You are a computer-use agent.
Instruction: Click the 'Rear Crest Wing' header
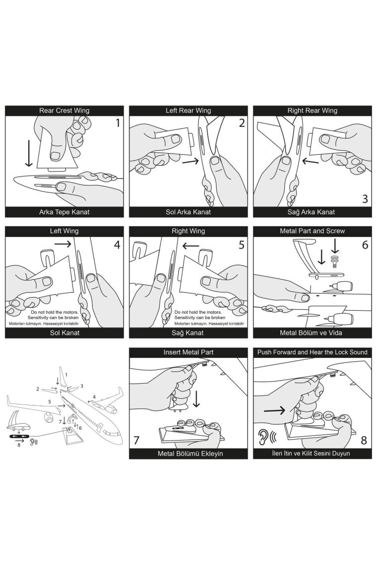tap(64, 111)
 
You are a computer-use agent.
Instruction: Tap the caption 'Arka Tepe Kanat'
tap(64, 212)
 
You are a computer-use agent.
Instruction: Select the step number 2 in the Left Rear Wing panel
tap(242, 123)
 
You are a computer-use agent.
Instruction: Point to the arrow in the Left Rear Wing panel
tap(190, 161)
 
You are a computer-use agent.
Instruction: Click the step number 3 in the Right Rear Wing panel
tap(365, 199)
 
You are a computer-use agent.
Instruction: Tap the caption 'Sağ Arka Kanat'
tap(312, 212)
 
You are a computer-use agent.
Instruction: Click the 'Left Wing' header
tap(64, 231)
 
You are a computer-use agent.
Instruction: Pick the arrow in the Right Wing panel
tap(191, 245)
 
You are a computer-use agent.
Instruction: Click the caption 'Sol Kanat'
tap(64, 333)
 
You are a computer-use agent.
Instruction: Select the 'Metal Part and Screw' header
tap(312, 231)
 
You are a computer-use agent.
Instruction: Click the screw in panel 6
tap(334, 259)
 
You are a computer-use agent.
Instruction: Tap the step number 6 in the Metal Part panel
tap(365, 244)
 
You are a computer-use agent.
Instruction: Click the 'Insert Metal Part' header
tap(188, 352)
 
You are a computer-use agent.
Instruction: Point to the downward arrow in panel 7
tap(197, 398)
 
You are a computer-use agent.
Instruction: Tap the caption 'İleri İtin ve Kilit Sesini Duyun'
tap(312, 453)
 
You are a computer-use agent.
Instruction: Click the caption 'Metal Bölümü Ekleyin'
tap(188, 453)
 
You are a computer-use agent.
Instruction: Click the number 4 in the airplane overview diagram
tap(94, 397)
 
